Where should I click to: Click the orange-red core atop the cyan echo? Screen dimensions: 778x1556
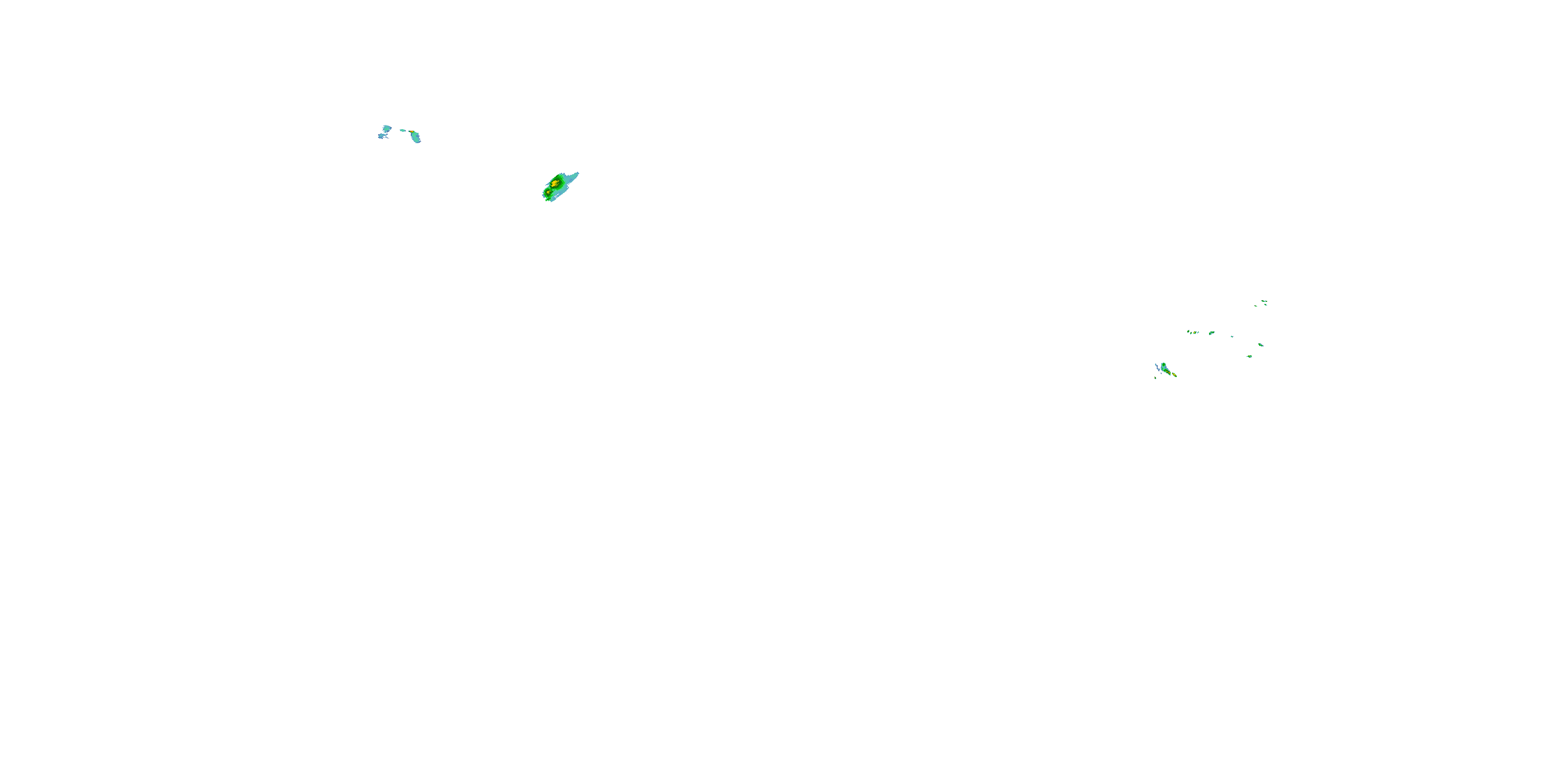412,132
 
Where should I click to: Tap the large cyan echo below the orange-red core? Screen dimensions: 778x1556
416,138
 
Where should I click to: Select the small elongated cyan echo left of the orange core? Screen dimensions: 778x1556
403,131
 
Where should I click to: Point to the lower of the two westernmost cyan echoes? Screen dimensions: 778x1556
381,136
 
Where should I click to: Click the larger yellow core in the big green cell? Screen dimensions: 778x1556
554,183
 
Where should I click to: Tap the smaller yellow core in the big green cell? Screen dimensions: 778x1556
548,192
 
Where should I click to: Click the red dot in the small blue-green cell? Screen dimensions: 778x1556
1170,373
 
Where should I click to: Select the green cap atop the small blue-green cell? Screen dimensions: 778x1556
1164,364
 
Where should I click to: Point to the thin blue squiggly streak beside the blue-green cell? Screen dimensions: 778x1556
1157,367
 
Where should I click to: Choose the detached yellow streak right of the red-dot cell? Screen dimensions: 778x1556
1175,374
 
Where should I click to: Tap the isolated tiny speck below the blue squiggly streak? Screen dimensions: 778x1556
1156,378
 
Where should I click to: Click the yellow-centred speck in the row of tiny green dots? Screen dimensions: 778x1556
1195,332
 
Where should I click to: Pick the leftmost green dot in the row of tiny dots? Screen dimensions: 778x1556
1188,331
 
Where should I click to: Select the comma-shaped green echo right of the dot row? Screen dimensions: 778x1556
1212,333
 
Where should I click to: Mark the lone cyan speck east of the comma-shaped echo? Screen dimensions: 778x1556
1232,337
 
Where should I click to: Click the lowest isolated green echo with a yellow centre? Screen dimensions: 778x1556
1250,356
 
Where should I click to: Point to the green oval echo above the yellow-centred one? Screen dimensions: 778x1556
1261,345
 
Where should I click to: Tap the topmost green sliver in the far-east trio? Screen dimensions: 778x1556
1265,301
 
